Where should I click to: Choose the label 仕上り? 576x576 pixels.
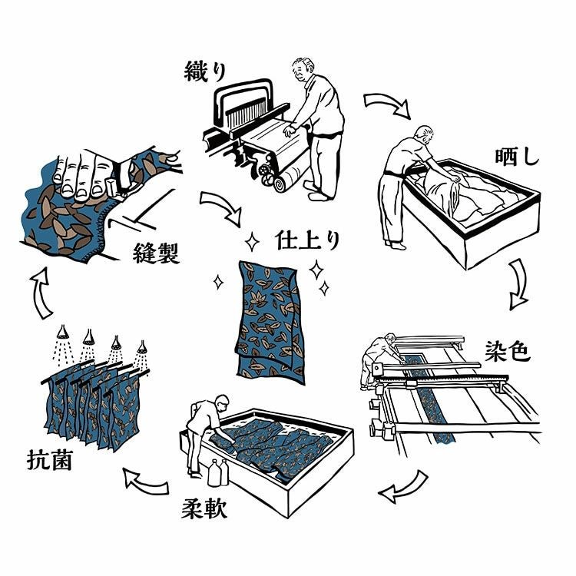(x=306, y=240)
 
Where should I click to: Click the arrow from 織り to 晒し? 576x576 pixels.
(x=386, y=104)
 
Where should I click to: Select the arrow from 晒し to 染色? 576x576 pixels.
(x=520, y=282)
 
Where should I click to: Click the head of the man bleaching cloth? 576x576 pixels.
(x=423, y=136)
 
